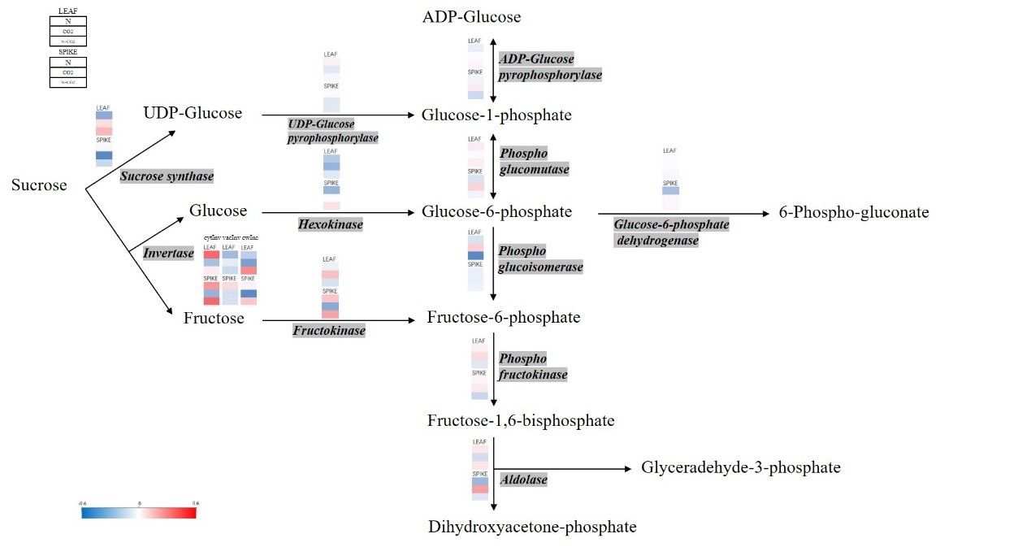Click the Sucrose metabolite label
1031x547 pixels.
pos(39,185)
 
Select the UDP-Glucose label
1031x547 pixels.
pos(193,113)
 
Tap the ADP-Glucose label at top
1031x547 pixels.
pos(471,17)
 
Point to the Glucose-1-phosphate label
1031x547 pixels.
pos(496,115)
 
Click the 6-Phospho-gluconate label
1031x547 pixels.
pos(859,213)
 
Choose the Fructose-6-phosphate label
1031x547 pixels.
pos(504,317)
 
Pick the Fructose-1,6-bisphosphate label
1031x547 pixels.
pos(521,421)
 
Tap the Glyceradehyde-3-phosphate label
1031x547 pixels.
pos(740,467)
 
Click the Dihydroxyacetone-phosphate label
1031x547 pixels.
pos(532,527)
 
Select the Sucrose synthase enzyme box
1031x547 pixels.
pos(167,176)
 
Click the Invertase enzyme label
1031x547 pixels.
pos(168,253)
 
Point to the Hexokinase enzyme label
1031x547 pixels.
pos(330,224)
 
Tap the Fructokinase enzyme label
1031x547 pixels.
pos(329,331)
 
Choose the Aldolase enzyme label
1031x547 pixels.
pos(524,480)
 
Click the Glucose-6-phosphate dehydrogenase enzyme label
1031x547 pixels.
pos(671,232)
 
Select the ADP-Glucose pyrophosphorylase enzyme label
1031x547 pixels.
pos(550,67)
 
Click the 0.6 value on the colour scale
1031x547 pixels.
pos(195,503)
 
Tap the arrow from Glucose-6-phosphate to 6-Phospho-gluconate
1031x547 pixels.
pos(682,214)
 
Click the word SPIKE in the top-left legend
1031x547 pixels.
pos(67,50)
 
